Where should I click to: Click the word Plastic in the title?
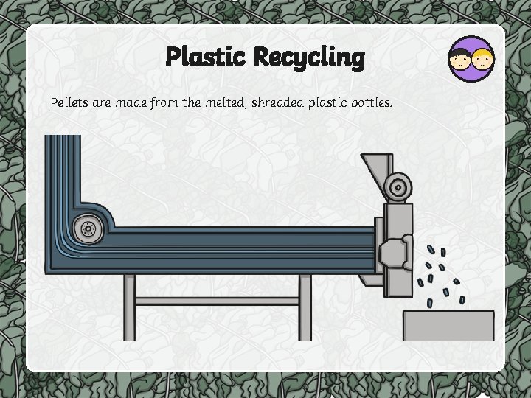tap(206, 57)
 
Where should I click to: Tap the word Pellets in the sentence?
tap(70, 102)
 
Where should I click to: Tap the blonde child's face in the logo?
tap(482, 60)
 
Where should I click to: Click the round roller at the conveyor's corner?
tap(90, 228)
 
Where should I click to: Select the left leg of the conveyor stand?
tap(130, 307)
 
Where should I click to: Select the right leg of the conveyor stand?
tap(305, 307)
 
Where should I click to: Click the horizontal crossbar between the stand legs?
tap(218, 301)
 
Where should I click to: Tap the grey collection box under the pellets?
tap(448, 325)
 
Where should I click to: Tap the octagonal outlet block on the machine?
tap(395, 251)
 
